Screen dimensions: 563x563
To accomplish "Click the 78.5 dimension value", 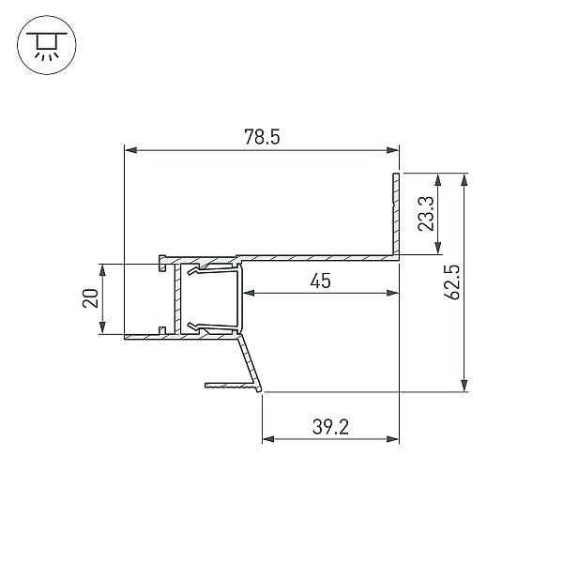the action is point(262,137).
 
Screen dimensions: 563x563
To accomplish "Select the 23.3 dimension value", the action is point(427,214).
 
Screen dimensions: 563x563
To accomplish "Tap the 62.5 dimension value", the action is point(451,282).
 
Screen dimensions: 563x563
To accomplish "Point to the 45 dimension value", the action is point(321,281).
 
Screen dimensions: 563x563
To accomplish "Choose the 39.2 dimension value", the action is point(330,427).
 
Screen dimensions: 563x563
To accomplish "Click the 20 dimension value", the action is point(90,298).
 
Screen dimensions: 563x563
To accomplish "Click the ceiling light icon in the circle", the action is point(47,45).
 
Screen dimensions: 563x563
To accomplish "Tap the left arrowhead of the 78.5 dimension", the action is point(130,150).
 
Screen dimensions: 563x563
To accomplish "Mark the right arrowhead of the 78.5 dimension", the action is point(393,150).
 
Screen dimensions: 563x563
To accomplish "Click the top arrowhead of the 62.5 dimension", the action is point(464,179).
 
